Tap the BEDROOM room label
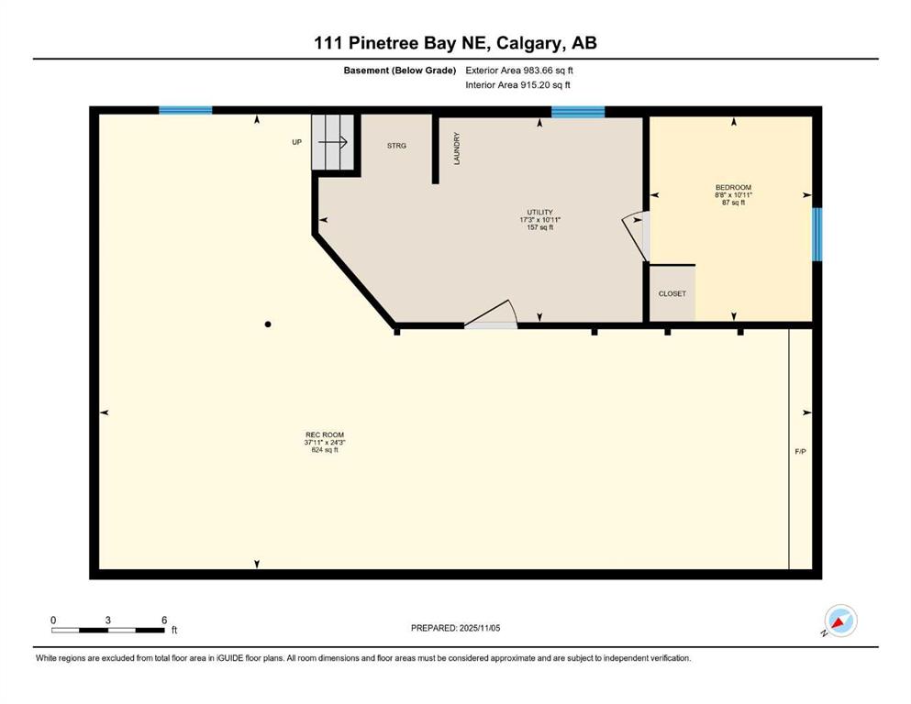pyautogui.click(x=733, y=188)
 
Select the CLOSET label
pyautogui.click(x=672, y=293)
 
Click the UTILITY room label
pyautogui.click(x=539, y=213)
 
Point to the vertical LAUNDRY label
pyautogui.click(x=457, y=148)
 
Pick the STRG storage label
pyautogui.click(x=397, y=146)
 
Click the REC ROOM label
pyautogui.click(x=325, y=434)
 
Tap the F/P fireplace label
pyautogui.click(x=800, y=452)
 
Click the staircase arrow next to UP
pyautogui.click(x=333, y=141)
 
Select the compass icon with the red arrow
pyautogui.click(x=840, y=621)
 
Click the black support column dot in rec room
pyautogui.click(x=268, y=324)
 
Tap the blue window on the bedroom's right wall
pyautogui.click(x=817, y=235)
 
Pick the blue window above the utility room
pyautogui.click(x=578, y=112)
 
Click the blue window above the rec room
pyautogui.click(x=185, y=110)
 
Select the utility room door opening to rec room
pyautogui.click(x=492, y=314)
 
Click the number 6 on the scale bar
pyautogui.click(x=164, y=620)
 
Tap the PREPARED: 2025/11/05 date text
pyautogui.click(x=455, y=628)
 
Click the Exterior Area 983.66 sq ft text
pyautogui.click(x=519, y=71)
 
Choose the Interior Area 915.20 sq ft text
pyautogui.click(x=517, y=84)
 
